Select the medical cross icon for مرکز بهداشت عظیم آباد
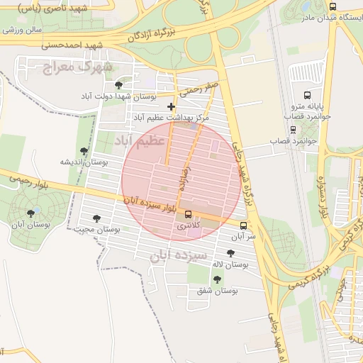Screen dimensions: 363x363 171,106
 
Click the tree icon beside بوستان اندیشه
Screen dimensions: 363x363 84,151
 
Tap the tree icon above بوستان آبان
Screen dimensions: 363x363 30,212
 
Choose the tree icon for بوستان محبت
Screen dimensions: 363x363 96,218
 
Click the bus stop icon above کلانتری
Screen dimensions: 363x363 188,214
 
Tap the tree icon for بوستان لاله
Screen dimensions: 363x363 230,253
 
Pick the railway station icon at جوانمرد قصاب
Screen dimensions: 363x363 294,130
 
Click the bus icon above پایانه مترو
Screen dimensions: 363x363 307,94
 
